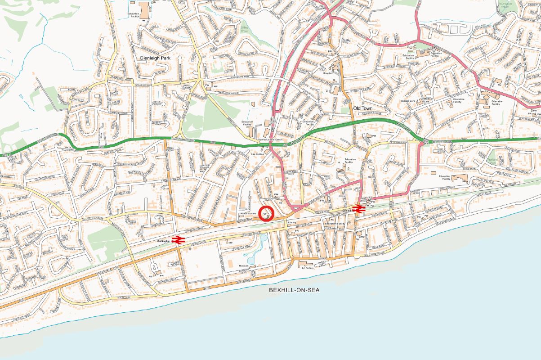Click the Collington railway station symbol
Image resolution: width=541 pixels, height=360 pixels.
[178, 240]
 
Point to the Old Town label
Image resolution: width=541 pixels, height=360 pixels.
[363, 108]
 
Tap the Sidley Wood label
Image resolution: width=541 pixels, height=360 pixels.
[244, 29]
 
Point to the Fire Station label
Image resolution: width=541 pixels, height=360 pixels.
[256, 154]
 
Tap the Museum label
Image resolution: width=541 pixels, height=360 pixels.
[244, 265]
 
